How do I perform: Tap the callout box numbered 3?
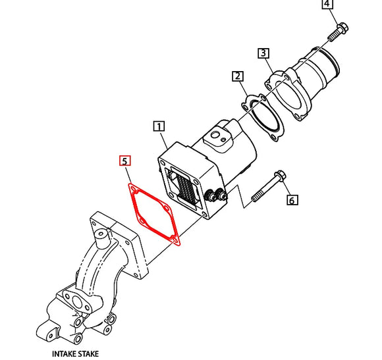coord(263,53)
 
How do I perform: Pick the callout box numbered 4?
coord(327,6)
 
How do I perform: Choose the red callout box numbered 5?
coord(124,161)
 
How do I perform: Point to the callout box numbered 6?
coord(292,200)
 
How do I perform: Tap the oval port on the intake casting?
coord(84,304)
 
